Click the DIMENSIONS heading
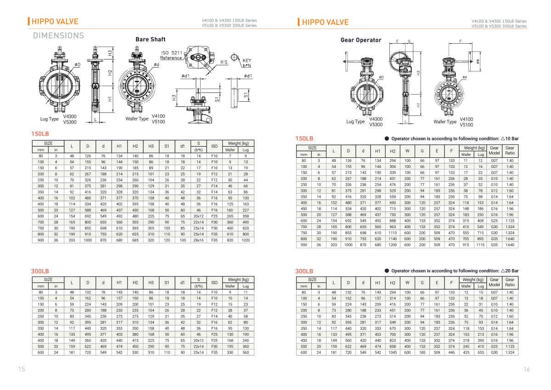click(58, 35)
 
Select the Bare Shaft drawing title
click(150, 40)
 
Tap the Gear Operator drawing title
click(360, 40)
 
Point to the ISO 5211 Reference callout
click(171, 56)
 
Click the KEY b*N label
click(247, 63)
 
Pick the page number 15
click(22, 369)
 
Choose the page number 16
click(527, 369)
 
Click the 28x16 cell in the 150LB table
click(198, 240)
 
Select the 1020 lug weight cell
click(246, 240)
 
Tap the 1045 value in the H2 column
click(393, 353)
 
